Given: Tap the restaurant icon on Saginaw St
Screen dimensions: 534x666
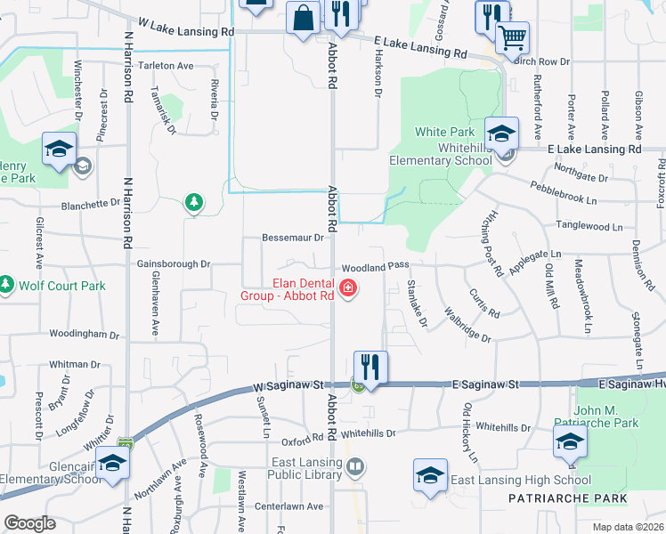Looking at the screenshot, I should pyautogui.click(x=370, y=367).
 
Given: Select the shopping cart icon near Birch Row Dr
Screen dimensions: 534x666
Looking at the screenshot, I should pyautogui.click(x=511, y=38).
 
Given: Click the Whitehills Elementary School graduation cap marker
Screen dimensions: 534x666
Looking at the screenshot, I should pyautogui.click(x=501, y=133).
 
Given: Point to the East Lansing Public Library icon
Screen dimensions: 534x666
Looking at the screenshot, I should pyautogui.click(x=354, y=466).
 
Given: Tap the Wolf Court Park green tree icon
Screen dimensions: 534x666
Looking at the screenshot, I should pyautogui.click(x=7, y=286).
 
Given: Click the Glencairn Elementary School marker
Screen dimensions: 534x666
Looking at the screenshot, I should pyautogui.click(x=112, y=464).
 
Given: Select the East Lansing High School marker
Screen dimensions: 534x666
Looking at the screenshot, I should pyautogui.click(x=430, y=474).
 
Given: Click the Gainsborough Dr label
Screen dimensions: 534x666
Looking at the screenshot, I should pyautogui.click(x=174, y=264).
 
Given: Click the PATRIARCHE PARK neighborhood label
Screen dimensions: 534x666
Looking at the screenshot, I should pyautogui.click(x=568, y=498).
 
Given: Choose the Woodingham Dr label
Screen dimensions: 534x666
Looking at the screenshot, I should pyautogui.click(x=85, y=335).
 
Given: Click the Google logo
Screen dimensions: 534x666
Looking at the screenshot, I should pyautogui.click(x=29, y=523).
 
